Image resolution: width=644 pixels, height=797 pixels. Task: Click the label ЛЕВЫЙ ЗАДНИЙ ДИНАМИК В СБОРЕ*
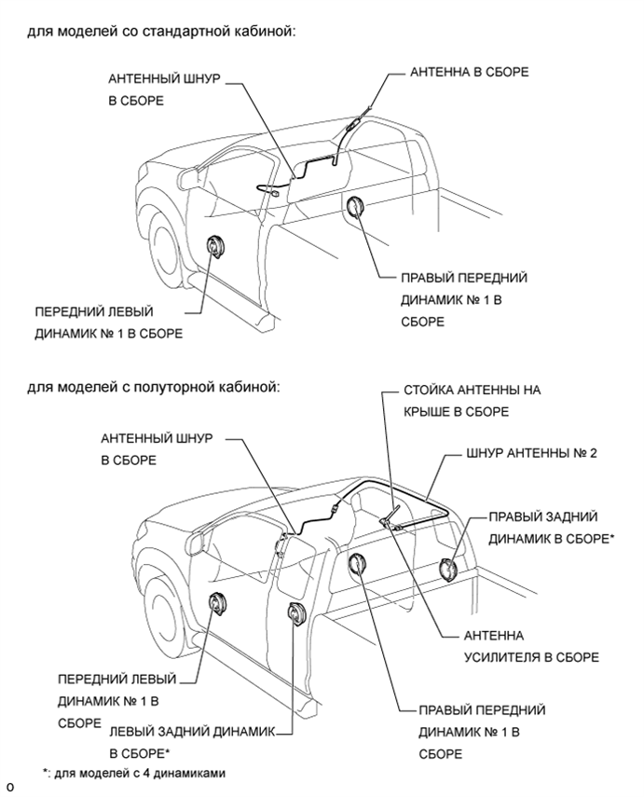coord(192,743)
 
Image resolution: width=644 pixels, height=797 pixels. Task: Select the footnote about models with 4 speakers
coord(134,772)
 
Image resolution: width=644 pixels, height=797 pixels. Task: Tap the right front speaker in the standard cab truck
coord(357,208)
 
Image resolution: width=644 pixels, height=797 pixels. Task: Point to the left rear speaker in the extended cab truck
coord(297,614)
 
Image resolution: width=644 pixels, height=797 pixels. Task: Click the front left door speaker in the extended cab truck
coord(218,604)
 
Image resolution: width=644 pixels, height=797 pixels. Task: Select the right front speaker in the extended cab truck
coord(357,565)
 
